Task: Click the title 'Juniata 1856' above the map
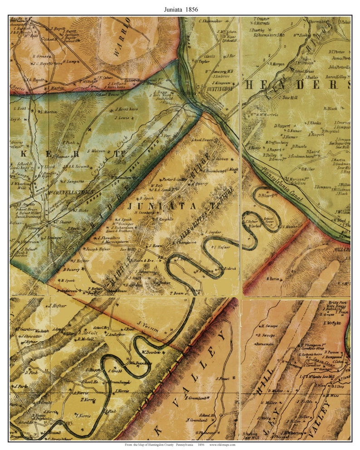[180, 9]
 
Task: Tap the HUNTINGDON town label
[222, 89]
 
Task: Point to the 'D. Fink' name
[31, 372]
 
